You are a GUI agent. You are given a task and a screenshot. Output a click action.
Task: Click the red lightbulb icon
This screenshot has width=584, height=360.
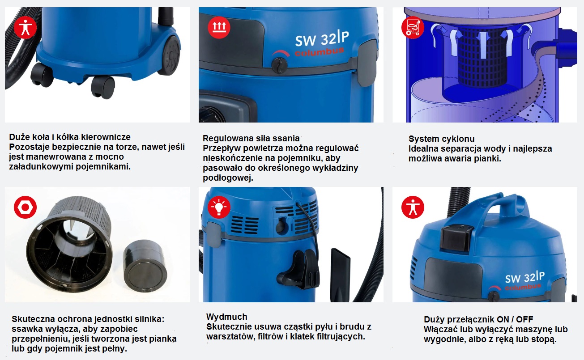coord(219,207)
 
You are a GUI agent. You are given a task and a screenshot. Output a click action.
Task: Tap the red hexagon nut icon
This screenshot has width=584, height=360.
coord(26,207)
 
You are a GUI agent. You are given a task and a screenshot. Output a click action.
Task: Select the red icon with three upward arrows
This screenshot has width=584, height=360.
coord(219,27)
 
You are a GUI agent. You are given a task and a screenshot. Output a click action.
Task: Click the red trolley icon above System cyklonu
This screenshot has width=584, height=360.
coord(413,27)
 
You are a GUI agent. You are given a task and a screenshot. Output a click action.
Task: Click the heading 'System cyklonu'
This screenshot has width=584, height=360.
coord(441,139)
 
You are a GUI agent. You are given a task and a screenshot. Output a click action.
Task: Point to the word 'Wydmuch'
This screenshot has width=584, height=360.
coord(226,317)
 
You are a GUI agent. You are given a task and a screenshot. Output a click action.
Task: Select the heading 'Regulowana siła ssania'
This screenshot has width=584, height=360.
coord(251,138)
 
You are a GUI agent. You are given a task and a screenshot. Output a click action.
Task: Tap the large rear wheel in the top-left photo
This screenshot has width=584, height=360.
coord(170,55)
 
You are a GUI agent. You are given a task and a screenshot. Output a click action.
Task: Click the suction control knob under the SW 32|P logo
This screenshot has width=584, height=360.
coord(280,65)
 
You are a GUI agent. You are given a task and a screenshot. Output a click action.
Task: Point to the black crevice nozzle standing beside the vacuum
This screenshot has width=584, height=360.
coord(340,275)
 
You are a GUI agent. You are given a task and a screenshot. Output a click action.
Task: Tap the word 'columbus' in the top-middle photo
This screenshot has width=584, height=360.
coord(320,52)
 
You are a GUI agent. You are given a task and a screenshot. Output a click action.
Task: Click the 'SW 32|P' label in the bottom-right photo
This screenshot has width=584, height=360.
coord(525,277)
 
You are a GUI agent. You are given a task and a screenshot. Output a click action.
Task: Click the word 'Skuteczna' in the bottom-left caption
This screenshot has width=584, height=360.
coord(33,319)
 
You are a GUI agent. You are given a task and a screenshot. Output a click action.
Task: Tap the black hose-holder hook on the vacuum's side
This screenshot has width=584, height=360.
coord(301,269)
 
